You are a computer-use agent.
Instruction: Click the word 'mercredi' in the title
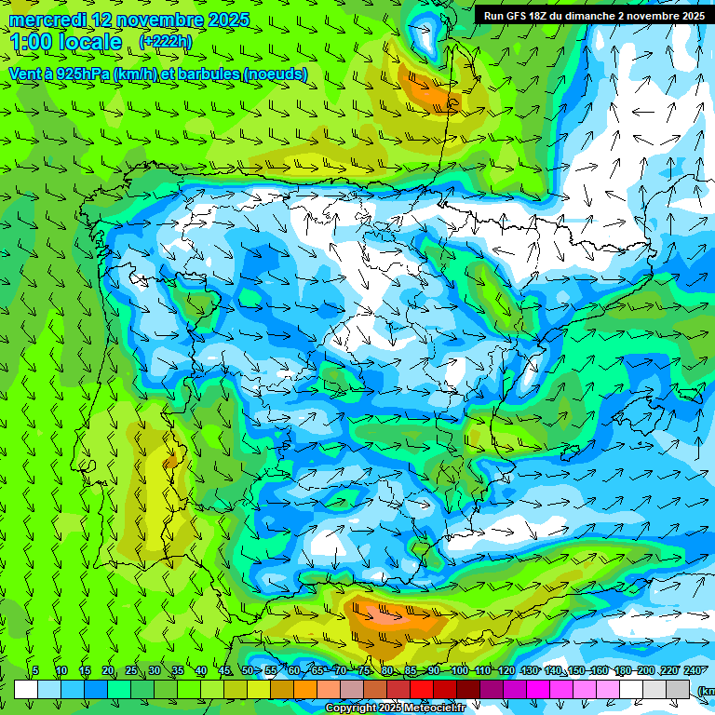(47, 20)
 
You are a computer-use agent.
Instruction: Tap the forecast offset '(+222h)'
(166, 41)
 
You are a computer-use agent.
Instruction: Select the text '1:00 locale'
(65, 42)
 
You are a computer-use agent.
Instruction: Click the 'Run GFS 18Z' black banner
(593, 16)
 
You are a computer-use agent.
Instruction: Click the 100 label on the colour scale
(459, 671)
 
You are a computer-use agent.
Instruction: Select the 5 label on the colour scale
(35, 671)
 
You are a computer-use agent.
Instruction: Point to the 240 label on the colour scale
(693, 671)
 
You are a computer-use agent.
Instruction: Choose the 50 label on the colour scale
(248, 671)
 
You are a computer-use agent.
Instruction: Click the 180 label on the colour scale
(622, 671)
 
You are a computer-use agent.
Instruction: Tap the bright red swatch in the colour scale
(422, 690)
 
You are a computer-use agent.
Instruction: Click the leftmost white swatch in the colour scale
(26, 690)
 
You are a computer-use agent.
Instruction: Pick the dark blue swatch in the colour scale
(96, 690)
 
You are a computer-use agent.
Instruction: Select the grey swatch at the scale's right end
(678, 690)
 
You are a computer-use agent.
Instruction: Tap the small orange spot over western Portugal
(170, 462)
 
